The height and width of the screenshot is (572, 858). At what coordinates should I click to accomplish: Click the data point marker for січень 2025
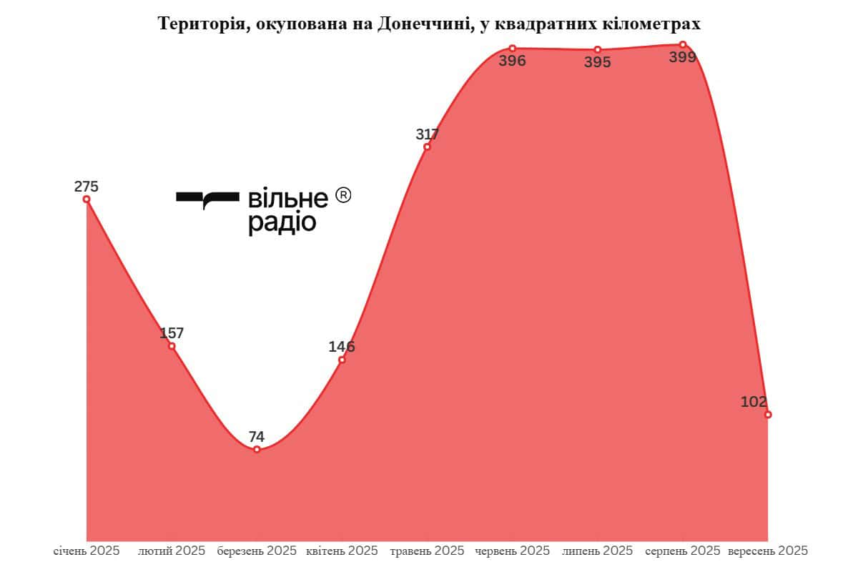87,199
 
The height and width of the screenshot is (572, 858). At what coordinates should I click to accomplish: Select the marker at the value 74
257,449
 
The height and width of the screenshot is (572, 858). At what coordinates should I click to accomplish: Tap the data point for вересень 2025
768,415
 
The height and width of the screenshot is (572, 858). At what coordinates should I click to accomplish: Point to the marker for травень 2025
427,147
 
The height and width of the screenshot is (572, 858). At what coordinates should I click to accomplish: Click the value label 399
682,57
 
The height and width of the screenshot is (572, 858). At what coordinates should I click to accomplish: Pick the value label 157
172,332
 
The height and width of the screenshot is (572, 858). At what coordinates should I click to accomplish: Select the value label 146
342,347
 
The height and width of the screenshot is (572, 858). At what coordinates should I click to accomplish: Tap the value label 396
512,61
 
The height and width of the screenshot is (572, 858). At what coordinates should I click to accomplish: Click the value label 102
754,401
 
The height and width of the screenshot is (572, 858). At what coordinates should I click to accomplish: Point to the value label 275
86,187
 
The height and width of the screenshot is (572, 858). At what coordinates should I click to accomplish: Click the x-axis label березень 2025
257,551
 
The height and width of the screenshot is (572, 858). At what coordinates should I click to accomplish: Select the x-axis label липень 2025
598,551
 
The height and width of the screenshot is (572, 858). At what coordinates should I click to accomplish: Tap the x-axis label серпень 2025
682,551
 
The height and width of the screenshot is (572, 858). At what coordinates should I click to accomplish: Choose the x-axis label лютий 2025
172,551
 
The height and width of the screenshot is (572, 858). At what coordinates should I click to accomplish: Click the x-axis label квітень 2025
342,551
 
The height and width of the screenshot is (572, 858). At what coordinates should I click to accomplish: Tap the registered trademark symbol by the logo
343,195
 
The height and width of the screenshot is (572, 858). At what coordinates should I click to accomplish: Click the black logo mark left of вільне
207,199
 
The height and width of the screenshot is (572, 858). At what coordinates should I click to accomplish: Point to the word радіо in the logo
282,223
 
